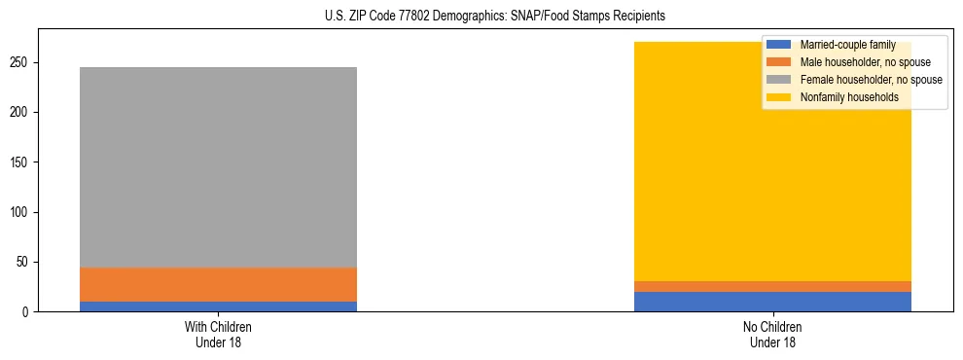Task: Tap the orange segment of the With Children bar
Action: tap(218, 284)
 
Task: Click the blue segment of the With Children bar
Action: tap(218, 306)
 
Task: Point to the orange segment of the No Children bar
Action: tap(772, 286)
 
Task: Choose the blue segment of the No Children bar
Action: tap(772, 302)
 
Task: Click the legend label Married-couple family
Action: tap(848, 45)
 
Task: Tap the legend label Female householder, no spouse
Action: tap(870, 80)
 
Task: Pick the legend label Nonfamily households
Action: tap(848, 97)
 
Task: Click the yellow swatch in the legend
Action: tap(779, 97)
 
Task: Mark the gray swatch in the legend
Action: tap(779, 80)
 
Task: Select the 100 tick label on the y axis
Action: tap(20, 212)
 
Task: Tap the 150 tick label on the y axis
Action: tap(20, 162)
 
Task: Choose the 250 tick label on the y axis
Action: tap(20, 62)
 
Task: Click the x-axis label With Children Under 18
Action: tap(218, 334)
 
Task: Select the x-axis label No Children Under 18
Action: tap(772, 334)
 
